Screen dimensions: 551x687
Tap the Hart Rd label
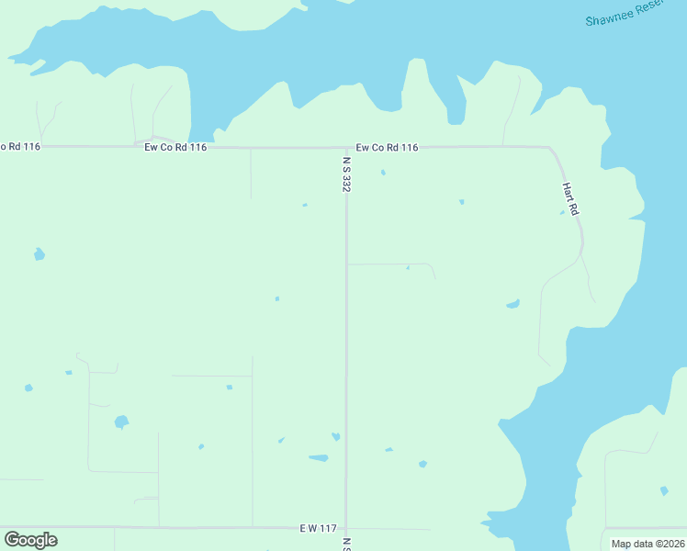pyautogui.click(x=570, y=198)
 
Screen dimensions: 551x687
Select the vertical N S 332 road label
pyautogui.click(x=346, y=174)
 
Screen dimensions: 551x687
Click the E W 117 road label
pyautogui.click(x=318, y=528)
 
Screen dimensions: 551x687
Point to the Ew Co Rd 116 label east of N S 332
pyautogui.click(x=387, y=147)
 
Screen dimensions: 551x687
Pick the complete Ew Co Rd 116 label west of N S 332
pyautogui.click(x=175, y=147)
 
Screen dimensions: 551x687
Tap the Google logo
pyautogui.click(x=30, y=540)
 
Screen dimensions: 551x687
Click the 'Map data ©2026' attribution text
pyautogui.click(x=648, y=544)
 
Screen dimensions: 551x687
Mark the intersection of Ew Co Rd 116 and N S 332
pyautogui.click(x=346, y=147)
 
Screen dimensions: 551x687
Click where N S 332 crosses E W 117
pyautogui.click(x=346, y=528)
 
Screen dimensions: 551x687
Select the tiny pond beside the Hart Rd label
pyautogui.click(x=562, y=213)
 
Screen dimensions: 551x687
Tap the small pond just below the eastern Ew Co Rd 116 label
pyautogui.click(x=383, y=172)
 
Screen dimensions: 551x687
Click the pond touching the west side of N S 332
pyautogui.click(x=336, y=436)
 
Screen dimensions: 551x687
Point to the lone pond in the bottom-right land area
pyautogui.click(x=664, y=490)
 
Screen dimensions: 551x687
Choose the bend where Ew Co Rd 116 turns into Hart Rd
pyautogui.click(x=550, y=149)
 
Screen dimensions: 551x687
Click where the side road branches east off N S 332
pyautogui.click(x=347, y=264)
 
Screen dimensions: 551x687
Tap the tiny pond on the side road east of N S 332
pyautogui.click(x=408, y=268)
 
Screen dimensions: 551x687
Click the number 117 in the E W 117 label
pyautogui.click(x=328, y=528)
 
